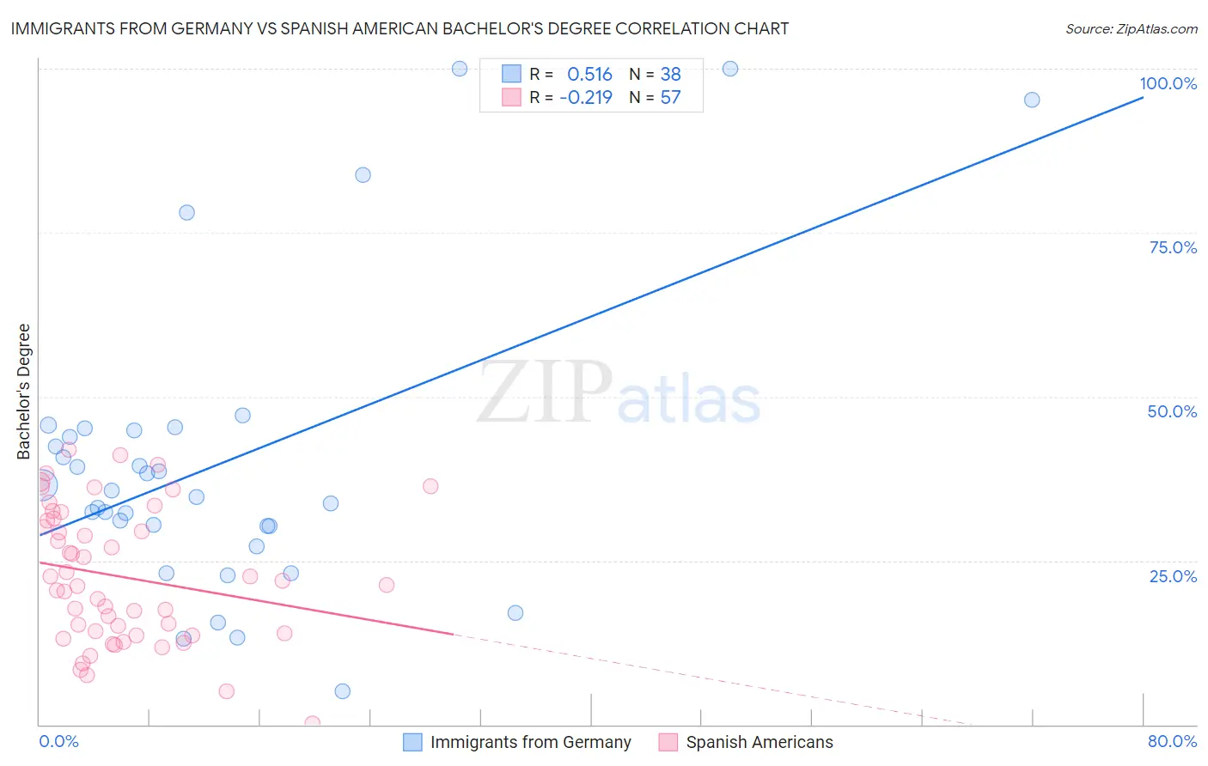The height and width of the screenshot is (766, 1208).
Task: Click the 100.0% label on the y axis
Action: (1168, 83)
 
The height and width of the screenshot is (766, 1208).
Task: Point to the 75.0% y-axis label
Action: (1173, 247)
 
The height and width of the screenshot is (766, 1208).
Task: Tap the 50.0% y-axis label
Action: (1172, 411)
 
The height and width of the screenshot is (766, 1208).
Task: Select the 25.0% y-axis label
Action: (1173, 575)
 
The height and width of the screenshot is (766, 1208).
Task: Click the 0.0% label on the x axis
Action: (58, 741)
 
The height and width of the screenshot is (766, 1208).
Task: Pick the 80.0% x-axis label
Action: (1172, 741)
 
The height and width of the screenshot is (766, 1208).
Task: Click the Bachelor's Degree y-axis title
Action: (24, 392)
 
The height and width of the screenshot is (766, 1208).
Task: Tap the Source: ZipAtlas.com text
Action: (1131, 28)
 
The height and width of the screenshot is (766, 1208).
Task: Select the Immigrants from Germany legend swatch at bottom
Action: (412, 742)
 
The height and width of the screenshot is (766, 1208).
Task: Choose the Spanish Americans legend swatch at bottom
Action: (668, 742)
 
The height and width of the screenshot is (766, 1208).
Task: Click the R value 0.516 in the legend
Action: (589, 74)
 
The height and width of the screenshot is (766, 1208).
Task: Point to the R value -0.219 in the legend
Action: (586, 97)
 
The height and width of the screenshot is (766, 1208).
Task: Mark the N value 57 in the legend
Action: (670, 97)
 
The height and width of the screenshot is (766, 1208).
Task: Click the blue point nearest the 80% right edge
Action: (1032, 100)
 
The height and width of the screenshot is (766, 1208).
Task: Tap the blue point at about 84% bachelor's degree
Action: (363, 175)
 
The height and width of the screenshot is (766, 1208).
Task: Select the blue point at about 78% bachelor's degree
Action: (186, 212)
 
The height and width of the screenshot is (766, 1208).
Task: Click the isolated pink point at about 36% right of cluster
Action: (430, 486)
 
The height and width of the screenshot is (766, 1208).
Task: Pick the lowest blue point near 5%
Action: (343, 691)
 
